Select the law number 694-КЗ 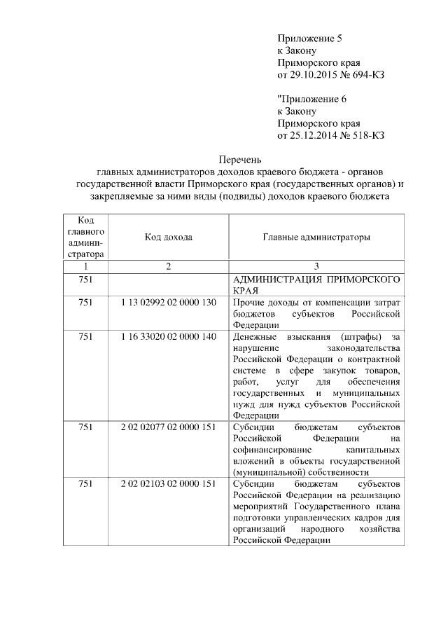[367, 74]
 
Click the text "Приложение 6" [309, 98]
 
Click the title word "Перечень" [241, 159]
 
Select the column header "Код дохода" [169, 237]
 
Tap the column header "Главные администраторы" [316, 237]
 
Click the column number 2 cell [169, 266]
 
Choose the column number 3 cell [316, 266]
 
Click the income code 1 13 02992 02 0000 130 [169, 302]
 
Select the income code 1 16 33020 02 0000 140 [169, 336]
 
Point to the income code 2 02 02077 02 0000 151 [169, 427]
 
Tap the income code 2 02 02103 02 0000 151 [169, 483]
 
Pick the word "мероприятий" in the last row [260, 506]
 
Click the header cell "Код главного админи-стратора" [85, 237]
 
